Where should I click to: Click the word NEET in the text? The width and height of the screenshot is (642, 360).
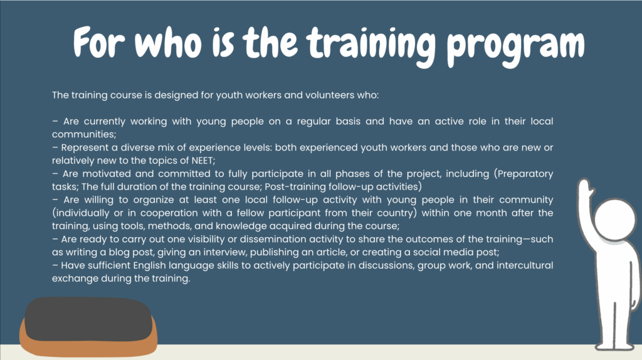[202, 161]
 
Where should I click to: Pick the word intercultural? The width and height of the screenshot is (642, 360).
[525, 265]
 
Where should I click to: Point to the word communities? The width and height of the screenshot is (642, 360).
[84, 134]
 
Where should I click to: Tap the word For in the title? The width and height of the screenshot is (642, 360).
[98, 42]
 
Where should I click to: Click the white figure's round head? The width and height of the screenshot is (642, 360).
[615, 220]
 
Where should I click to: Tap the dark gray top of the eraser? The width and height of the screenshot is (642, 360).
[88, 319]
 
